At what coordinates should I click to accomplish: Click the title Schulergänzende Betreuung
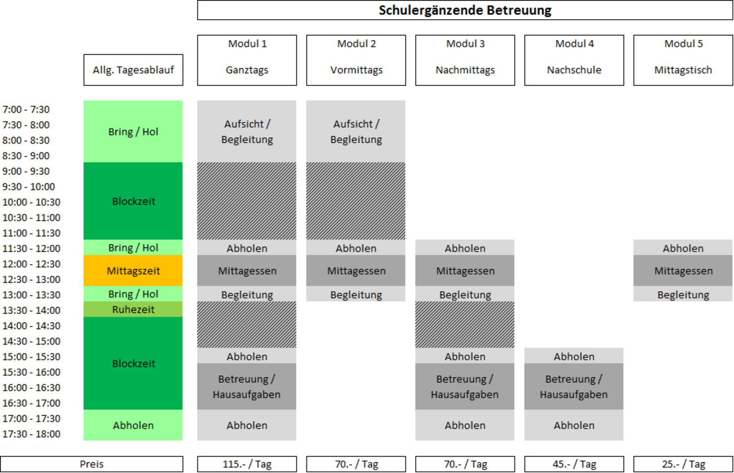click(465, 10)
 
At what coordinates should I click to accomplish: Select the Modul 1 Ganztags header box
click(247, 60)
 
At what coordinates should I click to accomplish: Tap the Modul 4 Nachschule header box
click(574, 60)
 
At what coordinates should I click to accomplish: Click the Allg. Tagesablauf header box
click(134, 70)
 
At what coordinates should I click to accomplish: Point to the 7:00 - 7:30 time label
click(26, 109)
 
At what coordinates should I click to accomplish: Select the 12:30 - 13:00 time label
click(32, 279)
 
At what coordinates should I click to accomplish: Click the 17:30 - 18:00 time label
click(32, 434)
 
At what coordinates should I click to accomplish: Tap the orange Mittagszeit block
click(133, 270)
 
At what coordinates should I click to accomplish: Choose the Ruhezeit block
click(133, 309)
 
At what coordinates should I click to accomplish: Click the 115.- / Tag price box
click(247, 464)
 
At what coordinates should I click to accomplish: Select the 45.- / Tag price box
click(574, 464)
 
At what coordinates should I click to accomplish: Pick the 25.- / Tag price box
click(683, 464)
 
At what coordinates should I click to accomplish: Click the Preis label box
click(92, 464)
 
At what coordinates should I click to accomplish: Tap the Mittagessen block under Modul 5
click(683, 270)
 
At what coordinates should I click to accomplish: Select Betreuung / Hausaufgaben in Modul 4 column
click(574, 386)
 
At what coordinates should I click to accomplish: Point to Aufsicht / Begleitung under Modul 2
click(356, 132)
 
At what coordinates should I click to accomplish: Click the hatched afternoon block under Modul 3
click(465, 325)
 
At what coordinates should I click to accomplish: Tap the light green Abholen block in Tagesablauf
click(133, 425)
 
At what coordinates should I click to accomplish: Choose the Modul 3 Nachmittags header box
click(465, 60)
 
